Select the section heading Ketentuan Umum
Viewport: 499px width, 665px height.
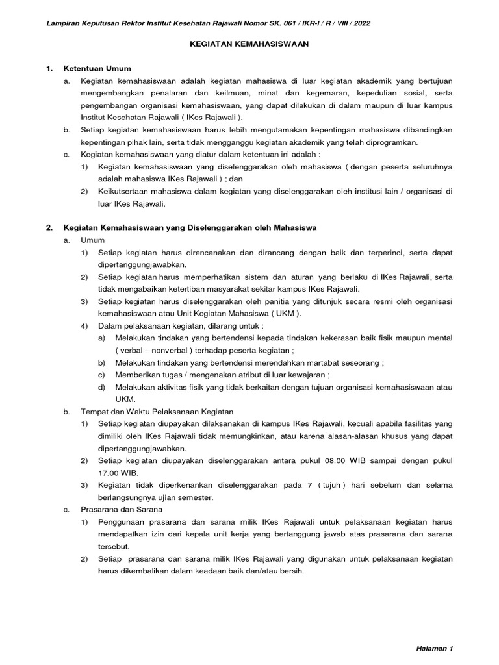click(97, 68)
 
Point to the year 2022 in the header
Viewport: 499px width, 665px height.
click(361, 23)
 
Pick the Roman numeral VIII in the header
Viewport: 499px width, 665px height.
click(336, 23)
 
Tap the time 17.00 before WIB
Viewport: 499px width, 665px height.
click(110, 473)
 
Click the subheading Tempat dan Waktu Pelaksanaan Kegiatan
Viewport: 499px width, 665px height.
click(156, 412)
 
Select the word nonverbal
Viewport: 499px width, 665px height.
click(164, 350)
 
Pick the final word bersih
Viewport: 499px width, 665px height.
click(290, 571)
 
